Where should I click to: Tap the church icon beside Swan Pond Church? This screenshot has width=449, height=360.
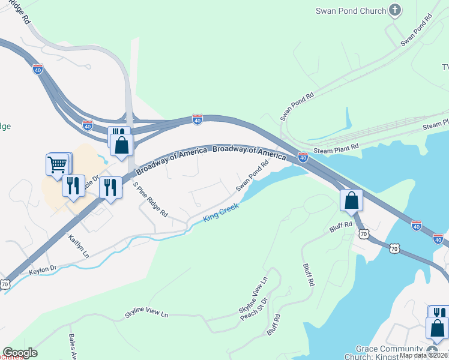394,10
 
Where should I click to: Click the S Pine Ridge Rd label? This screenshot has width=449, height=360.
150,199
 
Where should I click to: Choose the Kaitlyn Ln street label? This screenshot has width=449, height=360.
78,247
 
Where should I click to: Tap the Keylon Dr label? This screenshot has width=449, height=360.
42,272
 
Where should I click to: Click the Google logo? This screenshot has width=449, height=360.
20,353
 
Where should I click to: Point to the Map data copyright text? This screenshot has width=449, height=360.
423,355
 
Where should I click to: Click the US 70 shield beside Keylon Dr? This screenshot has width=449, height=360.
5,284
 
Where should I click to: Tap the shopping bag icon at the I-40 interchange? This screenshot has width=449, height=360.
121,144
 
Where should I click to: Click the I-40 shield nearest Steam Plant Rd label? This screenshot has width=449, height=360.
303,157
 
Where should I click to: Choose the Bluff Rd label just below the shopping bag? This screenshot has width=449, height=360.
339,229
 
